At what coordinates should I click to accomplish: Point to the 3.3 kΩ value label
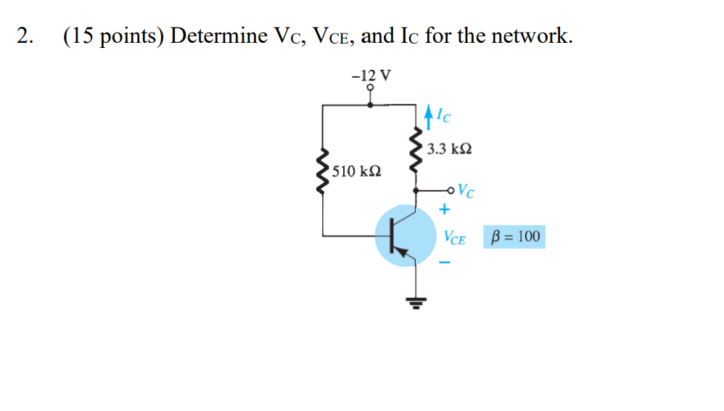click(x=449, y=149)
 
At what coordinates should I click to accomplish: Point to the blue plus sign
click(x=444, y=210)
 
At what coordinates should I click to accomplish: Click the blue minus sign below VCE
click(x=444, y=263)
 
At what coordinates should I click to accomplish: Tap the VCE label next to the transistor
click(x=454, y=237)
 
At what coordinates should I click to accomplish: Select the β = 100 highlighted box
click(x=514, y=237)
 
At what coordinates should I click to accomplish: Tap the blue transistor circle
click(x=403, y=235)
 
